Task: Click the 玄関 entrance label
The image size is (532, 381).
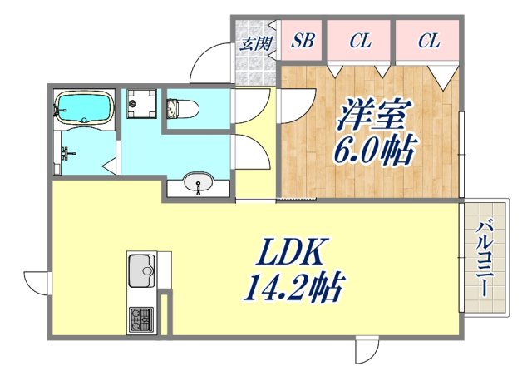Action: click(x=255, y=42)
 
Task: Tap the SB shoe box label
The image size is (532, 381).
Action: click(x=303, y=42)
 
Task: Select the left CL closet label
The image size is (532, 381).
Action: click(x=359, y=42)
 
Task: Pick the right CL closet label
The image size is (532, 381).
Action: click(x=428, y=42)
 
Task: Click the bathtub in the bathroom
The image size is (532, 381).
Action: click(x=84, y=107)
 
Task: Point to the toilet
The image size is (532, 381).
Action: click(x=179, y=108)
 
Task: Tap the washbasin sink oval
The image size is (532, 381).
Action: click(x=199, y=182)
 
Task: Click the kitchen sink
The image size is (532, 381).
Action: click(x=140, y=270)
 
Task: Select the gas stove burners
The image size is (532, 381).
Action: click(x=140, y=319)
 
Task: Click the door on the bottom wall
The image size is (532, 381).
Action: click(x=366, y=350)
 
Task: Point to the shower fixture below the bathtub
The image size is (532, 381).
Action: click(x=66, y=153)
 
